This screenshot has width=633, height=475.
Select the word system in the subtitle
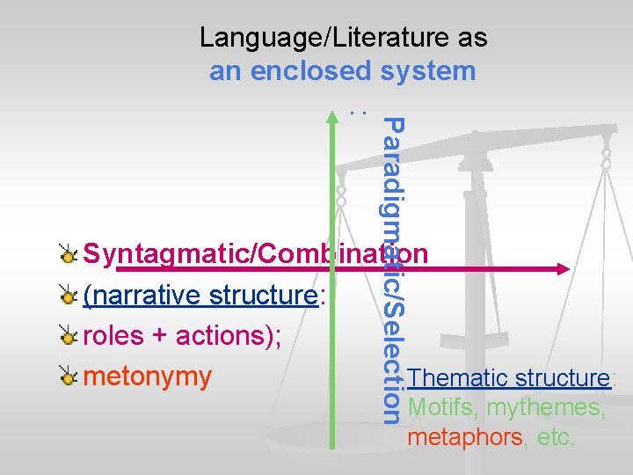[x=428, y=70]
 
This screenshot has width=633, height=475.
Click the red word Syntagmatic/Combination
[x=255, y=254]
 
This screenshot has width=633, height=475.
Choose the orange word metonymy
[x=148, y=376]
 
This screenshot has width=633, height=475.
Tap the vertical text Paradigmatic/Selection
[x=395, y=268]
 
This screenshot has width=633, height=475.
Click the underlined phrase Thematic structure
[x=509, y=378]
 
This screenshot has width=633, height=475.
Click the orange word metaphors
[x=465, y=437]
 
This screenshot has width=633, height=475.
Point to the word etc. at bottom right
[x=553, y=437]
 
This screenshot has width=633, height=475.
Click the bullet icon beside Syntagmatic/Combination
[x=68, y=255]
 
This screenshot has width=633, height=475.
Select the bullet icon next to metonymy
[x=68, y=377]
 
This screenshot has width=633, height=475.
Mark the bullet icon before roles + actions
[x=68, y=336]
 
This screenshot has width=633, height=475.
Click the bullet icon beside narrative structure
[x=68, y=296]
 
